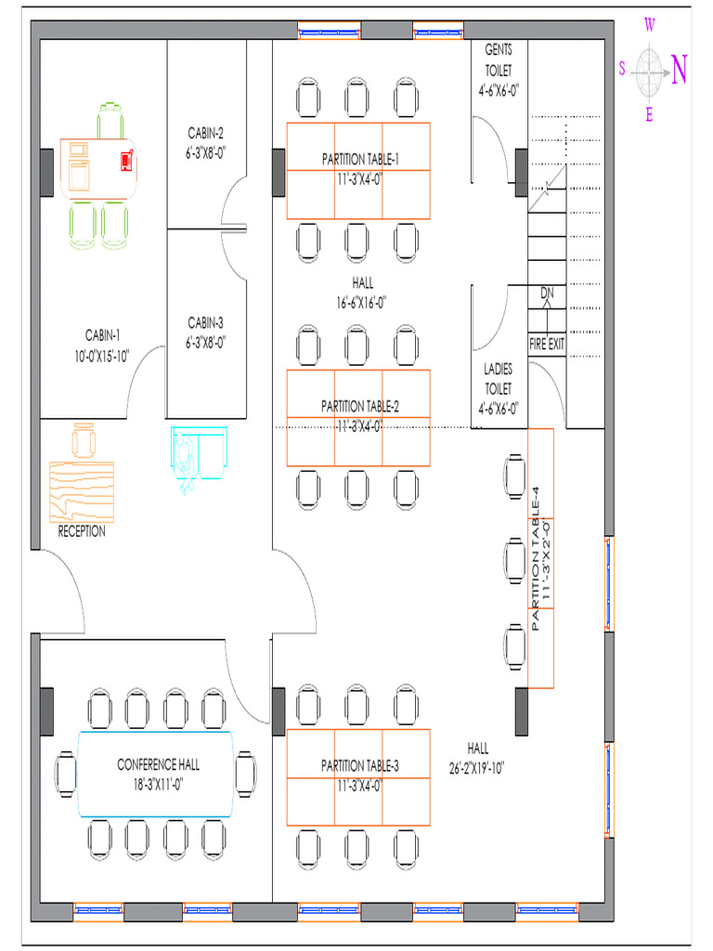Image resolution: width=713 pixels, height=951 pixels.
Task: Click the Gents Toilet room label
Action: click(x=499, y=71)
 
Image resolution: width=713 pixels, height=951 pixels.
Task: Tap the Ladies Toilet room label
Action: click(x=498, y=389)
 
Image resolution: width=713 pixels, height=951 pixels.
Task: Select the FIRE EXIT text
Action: click(x=547, y=345)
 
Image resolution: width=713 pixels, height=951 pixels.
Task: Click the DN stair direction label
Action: click(x=547, y=293)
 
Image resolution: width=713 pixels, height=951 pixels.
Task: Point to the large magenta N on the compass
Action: click(x=679, y=70)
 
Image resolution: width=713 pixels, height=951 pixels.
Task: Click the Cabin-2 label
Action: click(x=205, y=133)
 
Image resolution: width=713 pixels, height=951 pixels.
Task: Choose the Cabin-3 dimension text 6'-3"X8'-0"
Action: click(x=205, y=343)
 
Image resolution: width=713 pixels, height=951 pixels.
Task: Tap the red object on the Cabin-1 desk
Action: click(x=126, y=160)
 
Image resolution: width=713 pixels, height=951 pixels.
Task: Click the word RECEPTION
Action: click(x=82, y=531)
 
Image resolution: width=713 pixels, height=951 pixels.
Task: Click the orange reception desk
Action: click(x=82, y=492)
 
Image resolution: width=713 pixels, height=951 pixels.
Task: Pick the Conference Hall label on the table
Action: click(x=158, y=764)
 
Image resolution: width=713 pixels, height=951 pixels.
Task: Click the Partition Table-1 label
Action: click(x=360, y=160)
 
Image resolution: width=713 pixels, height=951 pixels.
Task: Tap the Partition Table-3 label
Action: click(x=360, y=766)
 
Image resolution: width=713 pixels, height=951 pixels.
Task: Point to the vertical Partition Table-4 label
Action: click(x=535, y=558)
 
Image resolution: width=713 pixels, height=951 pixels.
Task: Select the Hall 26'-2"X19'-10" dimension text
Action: click(x=476, y=768)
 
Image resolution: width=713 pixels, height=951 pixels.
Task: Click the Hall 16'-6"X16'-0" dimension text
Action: click(x=361, y=302)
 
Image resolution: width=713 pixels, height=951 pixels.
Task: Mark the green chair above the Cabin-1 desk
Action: click(x=110, y=122)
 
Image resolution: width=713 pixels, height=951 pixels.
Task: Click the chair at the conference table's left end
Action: click(x=66, y=774)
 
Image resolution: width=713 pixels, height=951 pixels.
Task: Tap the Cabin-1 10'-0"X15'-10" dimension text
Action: click(x=102, y=356)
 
